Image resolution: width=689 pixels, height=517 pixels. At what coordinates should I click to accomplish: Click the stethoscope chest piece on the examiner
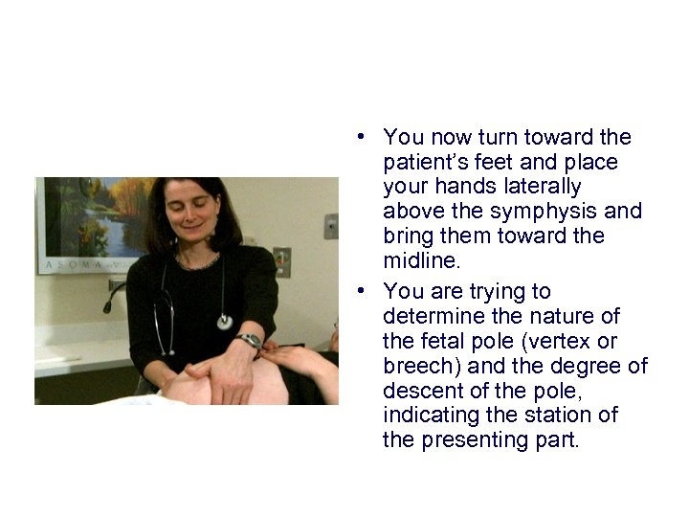(224, 322)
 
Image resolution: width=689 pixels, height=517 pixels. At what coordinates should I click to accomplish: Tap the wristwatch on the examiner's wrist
(251, 341)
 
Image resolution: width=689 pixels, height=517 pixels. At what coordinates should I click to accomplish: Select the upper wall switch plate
(330, 226)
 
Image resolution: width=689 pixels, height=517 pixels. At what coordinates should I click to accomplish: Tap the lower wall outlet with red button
(281, 261)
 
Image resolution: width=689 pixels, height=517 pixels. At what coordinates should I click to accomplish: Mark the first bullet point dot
(367, 137)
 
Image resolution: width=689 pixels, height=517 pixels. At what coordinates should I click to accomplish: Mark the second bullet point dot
(367, 291)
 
